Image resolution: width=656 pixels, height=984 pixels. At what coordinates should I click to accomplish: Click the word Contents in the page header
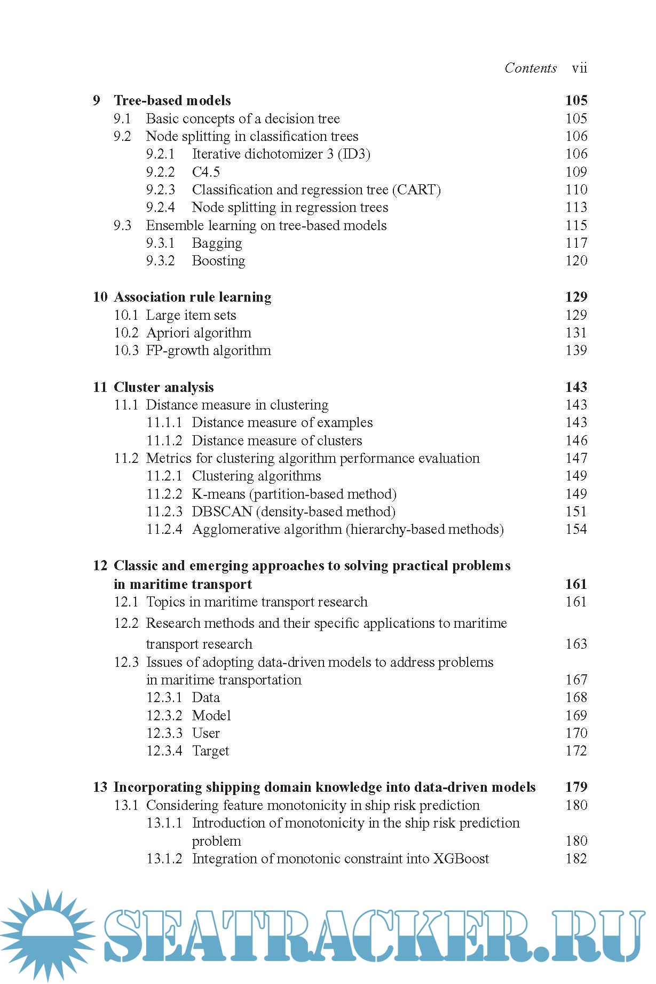(531, 68)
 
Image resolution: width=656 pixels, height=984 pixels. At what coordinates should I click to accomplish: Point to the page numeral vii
(579, 68)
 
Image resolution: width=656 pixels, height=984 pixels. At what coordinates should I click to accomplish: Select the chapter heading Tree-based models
(172, 100)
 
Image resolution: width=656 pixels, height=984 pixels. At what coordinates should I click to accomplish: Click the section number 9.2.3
(161, 190)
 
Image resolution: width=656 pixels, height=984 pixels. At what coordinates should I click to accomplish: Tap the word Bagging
(217, 243)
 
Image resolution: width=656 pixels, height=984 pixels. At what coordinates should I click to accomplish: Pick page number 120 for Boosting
(576, 261)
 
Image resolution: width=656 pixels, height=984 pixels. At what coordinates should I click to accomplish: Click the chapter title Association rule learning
(193, 297)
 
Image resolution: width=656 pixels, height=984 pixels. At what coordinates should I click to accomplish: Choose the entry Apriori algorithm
(199, 333)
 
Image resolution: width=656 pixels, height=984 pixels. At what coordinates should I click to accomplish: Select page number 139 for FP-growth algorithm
(576, 350)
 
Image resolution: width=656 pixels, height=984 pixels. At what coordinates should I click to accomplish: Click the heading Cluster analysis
(164, 387)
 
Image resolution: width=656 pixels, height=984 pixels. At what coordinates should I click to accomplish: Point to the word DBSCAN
(222, 511)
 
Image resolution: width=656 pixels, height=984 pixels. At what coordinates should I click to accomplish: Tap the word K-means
(218, 494)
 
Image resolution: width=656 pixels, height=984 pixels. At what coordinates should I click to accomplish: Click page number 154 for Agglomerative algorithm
(576, 529)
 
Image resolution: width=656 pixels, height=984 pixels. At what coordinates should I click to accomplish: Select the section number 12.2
(126, 623)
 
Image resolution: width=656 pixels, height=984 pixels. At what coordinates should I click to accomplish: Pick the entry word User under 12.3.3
(206, 733)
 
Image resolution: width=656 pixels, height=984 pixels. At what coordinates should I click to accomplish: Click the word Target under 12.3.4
(210, 751)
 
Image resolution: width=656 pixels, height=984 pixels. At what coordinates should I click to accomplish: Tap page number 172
(576, 751)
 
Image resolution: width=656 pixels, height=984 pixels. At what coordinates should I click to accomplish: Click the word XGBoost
(461, 859)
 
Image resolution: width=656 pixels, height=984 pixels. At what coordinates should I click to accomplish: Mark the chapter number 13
(100, 787)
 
